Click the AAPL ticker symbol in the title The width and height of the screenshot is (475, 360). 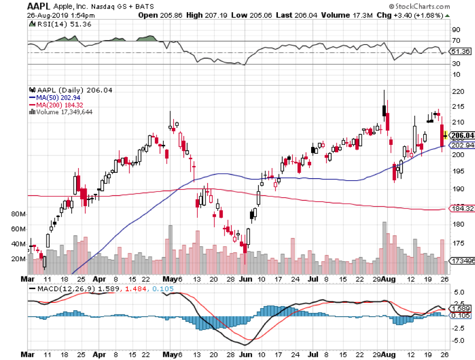click(39, 7)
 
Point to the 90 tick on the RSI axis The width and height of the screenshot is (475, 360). click(455, 30)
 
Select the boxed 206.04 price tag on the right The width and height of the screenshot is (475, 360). click(460, 135)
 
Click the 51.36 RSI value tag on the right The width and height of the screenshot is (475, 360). click(459, 52)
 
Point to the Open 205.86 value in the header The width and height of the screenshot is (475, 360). click(157, 15)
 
